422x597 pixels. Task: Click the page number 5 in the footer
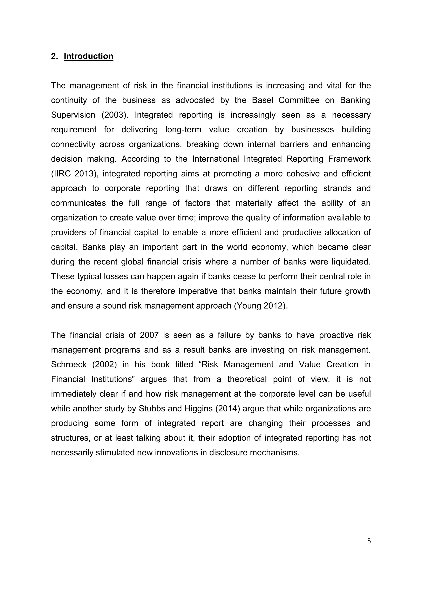[369, 541]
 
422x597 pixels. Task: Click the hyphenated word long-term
[183, 129]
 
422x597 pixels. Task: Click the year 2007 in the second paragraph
[149, 335]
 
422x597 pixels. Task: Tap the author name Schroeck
[69, 364]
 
